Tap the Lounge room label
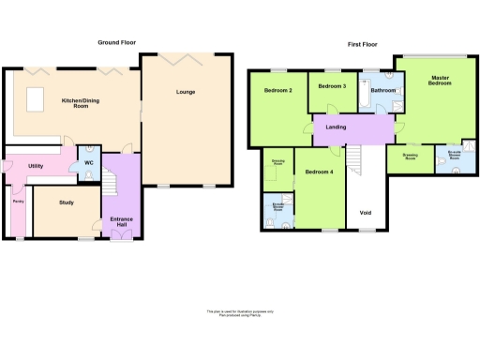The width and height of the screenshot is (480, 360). pos(186,92)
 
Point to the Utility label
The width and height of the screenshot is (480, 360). pos(36,166)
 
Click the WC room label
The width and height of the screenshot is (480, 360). pos(89,163)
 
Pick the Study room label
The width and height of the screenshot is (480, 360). pos(66,202)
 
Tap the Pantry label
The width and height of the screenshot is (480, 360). pos(18,201)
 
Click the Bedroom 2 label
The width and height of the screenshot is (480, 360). pos(278,91)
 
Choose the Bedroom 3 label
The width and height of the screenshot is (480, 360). pos(332,86)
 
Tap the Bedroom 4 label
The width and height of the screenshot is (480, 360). pos(320,172)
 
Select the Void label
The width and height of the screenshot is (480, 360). pos(366,212)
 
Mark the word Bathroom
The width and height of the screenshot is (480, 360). pos(382,91)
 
